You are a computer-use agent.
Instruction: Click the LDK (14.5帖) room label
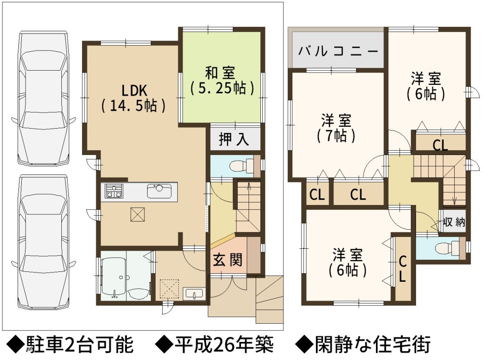tap(133, 98)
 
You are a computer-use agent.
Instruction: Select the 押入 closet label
tap(233, 139)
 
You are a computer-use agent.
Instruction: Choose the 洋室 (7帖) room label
tap(336, 128)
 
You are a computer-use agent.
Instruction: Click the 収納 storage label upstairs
tap(454, 222)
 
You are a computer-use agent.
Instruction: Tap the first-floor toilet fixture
tap(241, 166)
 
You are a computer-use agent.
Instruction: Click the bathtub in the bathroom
tap(113, 275)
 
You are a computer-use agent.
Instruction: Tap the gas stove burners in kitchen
tap(114, 191)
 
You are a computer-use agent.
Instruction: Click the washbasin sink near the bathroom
tap(194, 294)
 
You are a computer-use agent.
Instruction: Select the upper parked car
tap(43, 98)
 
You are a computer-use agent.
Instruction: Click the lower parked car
tap(43, 242)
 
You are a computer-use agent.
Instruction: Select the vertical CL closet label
tap(403, 269)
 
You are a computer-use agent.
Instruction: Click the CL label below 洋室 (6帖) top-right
tap(440, 145)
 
